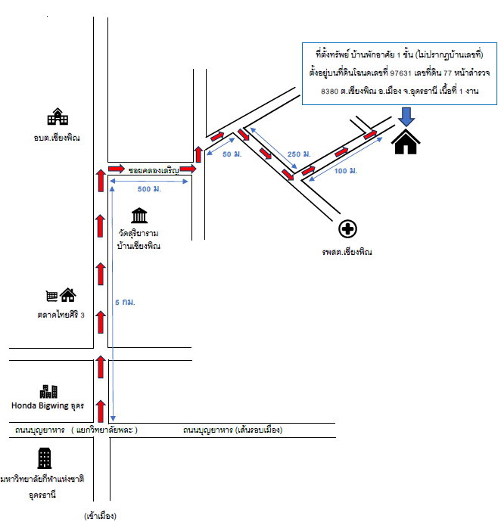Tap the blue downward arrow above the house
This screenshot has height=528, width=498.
pos(406,116)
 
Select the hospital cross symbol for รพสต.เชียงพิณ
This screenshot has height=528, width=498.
pos(347,229)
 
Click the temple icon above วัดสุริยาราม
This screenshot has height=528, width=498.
pos(139,216)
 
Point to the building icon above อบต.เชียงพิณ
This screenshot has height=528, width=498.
pos(58,116)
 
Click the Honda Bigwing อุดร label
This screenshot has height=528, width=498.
pos(48,405)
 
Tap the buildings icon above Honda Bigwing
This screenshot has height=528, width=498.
pos(48,392)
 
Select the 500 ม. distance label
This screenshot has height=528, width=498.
pos(149,189)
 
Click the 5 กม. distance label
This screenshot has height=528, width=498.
pos(125,303)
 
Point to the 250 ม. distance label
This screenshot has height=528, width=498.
pos(299,154)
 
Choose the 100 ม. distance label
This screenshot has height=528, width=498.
pos(346,171)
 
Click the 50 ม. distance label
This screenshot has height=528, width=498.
pos(232,154)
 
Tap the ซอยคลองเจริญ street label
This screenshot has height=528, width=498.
pos(154,170)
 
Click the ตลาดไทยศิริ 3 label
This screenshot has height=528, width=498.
pos(61,315)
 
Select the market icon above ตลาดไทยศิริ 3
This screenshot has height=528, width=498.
pos(61,295)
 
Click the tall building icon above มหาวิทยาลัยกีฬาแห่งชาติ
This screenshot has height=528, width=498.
pos(45,458)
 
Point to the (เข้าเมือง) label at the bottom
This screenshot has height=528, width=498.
pos(100,516)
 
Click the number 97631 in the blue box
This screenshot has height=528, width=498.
pos(400,73)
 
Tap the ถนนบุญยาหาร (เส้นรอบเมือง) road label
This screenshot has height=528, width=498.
pos(233,430)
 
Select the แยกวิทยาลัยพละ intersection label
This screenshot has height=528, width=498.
pos(104,430)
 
